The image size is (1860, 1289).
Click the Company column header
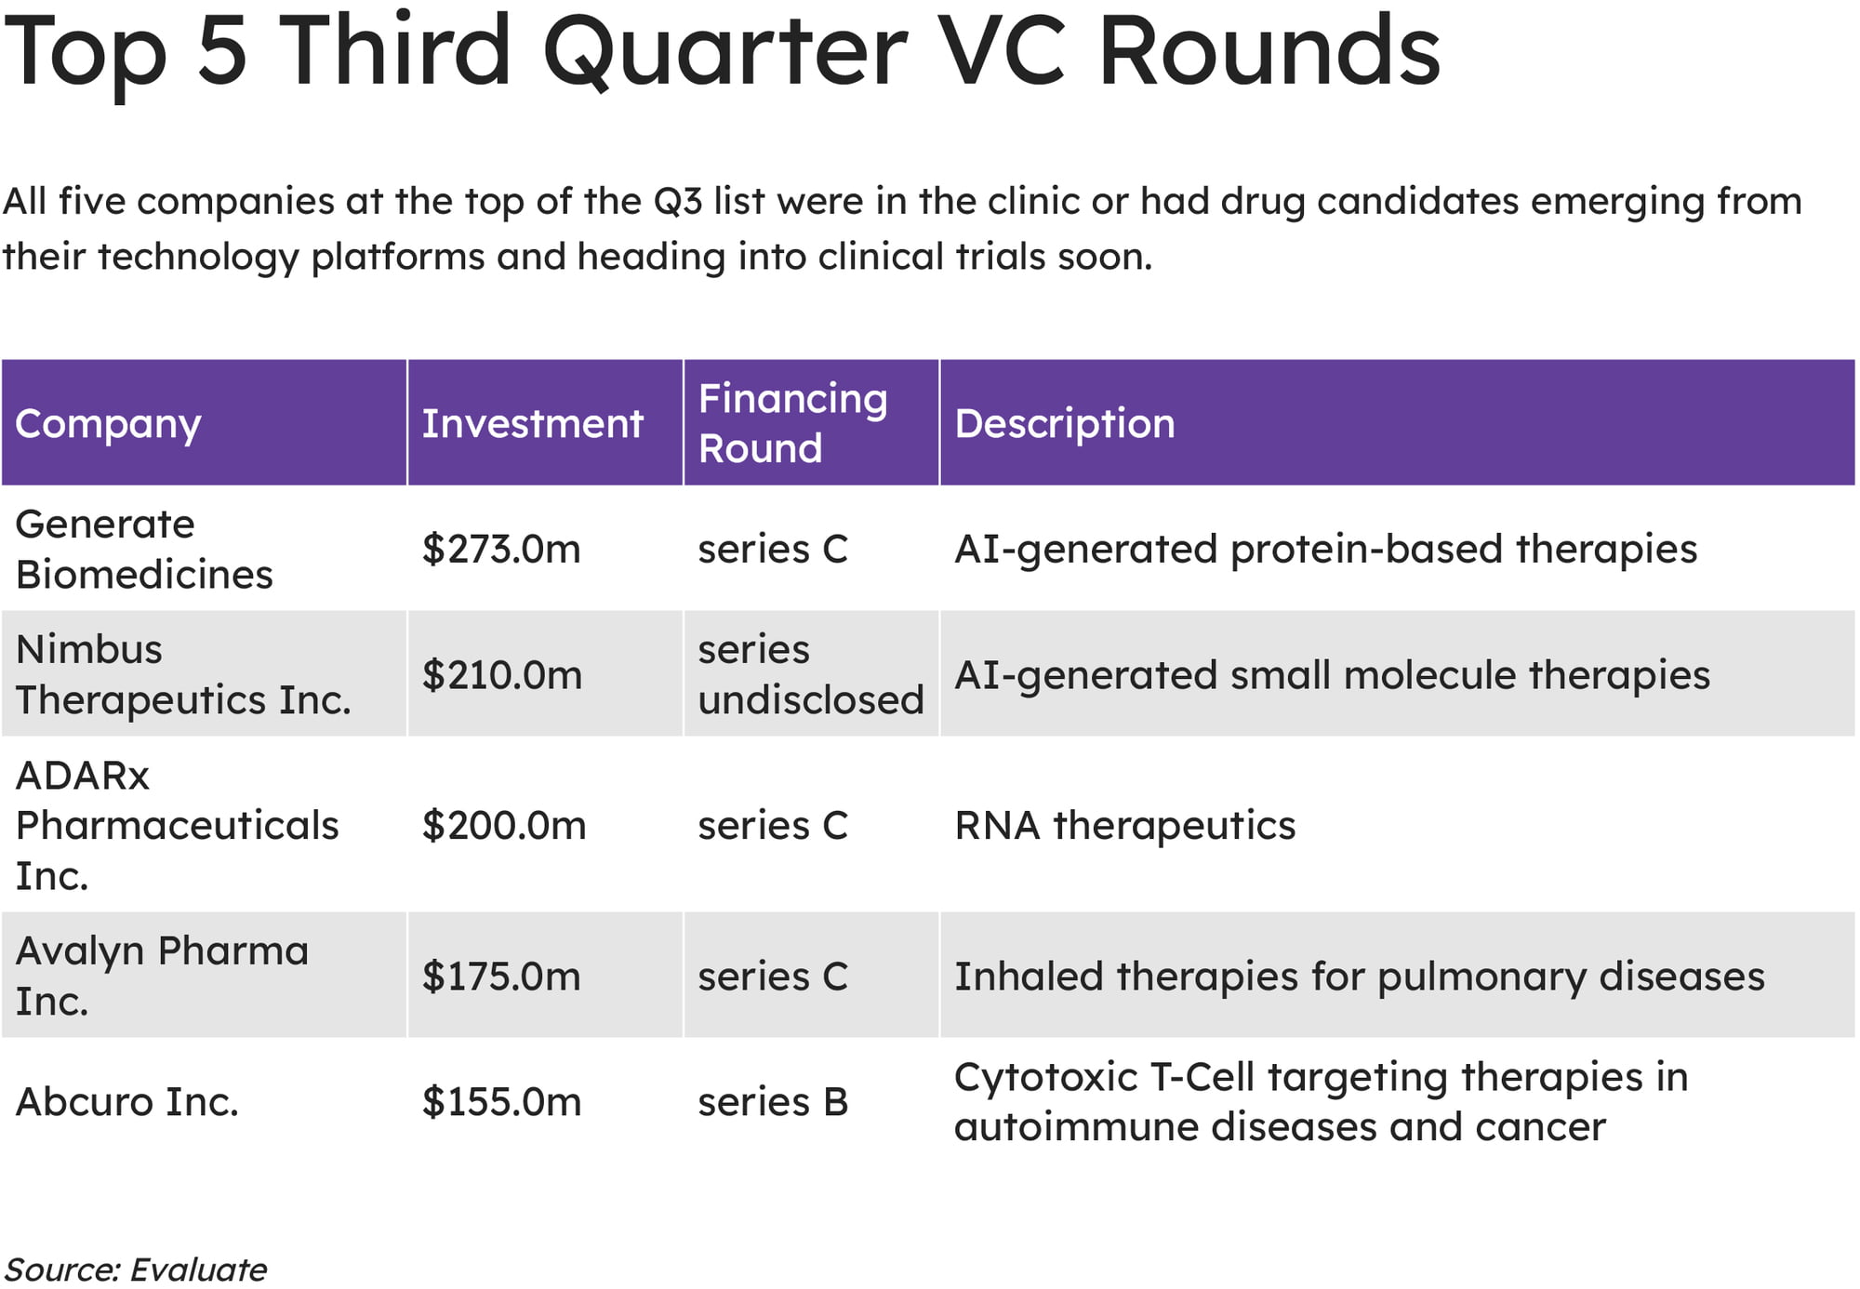pyautogui.click(x=108, y=424)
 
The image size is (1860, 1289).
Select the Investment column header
pyautogui.click(x=532, y=423)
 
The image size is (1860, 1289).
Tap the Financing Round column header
pyautogui.click(x=792, y=423)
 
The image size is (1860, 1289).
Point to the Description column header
pyautogui.click(x=1065, y=424)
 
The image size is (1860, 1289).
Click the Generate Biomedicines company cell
pyautogui.click(x=144, y=549)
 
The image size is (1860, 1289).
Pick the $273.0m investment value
pyautogui.click(x=501, y=549)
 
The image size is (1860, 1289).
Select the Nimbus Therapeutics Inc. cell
pyautogui.click(x=183, y=674)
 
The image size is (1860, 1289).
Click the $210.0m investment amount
pyautogui.click(x=502, y=674)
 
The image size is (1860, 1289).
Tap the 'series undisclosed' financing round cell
pyautogui.click(x=811, y=674)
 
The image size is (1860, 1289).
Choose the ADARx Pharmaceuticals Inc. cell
pyautogui.click(x=177, y=825)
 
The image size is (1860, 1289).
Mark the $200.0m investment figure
pyautogui.click(x=504, y=825)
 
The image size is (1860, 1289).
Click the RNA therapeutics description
pyautogui.click(x=1125, y=825)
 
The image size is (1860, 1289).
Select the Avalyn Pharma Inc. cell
pyautogui.click(x=162, y=976)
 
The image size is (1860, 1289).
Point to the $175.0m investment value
pyautogui.click(x=501, y=976)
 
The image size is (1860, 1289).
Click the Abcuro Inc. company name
pyautogui.click(x=127, y=1101)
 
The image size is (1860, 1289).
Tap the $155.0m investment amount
pyautogui.click(x=502, y=1101)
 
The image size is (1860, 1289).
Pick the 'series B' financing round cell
pyautogui.click(x=773, y=1101)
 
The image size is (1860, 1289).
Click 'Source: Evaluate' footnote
pyautogui.click(x=136, y=1269)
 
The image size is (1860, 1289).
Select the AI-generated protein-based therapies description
pyautogui.click(x=1326, y=549)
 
